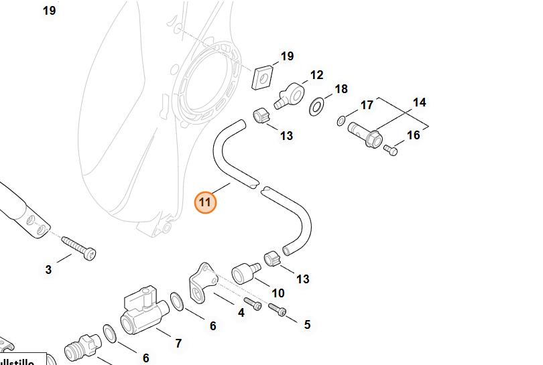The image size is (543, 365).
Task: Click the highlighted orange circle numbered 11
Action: tap(205, 202)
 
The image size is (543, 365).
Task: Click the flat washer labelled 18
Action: tap(317, 105)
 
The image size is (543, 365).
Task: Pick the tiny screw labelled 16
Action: tap(391, 151)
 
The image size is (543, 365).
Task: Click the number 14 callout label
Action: tap(419, 102)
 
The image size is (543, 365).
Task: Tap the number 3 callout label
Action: tap(48, 270)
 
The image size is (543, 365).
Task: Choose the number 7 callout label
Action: tap(178, 344)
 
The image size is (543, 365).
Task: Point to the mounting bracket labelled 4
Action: tap(201, 282)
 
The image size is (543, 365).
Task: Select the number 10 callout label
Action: tap(278, 293)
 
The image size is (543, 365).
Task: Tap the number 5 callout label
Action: tap(307, 325)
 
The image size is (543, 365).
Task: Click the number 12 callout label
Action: tap(316, 75)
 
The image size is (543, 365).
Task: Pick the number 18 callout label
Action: tap(341, 89)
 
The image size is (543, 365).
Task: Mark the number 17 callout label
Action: tap(367, 105)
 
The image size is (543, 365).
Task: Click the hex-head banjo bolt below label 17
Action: tap(365, 137)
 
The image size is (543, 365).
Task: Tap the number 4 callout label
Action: tap(241, 313)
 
